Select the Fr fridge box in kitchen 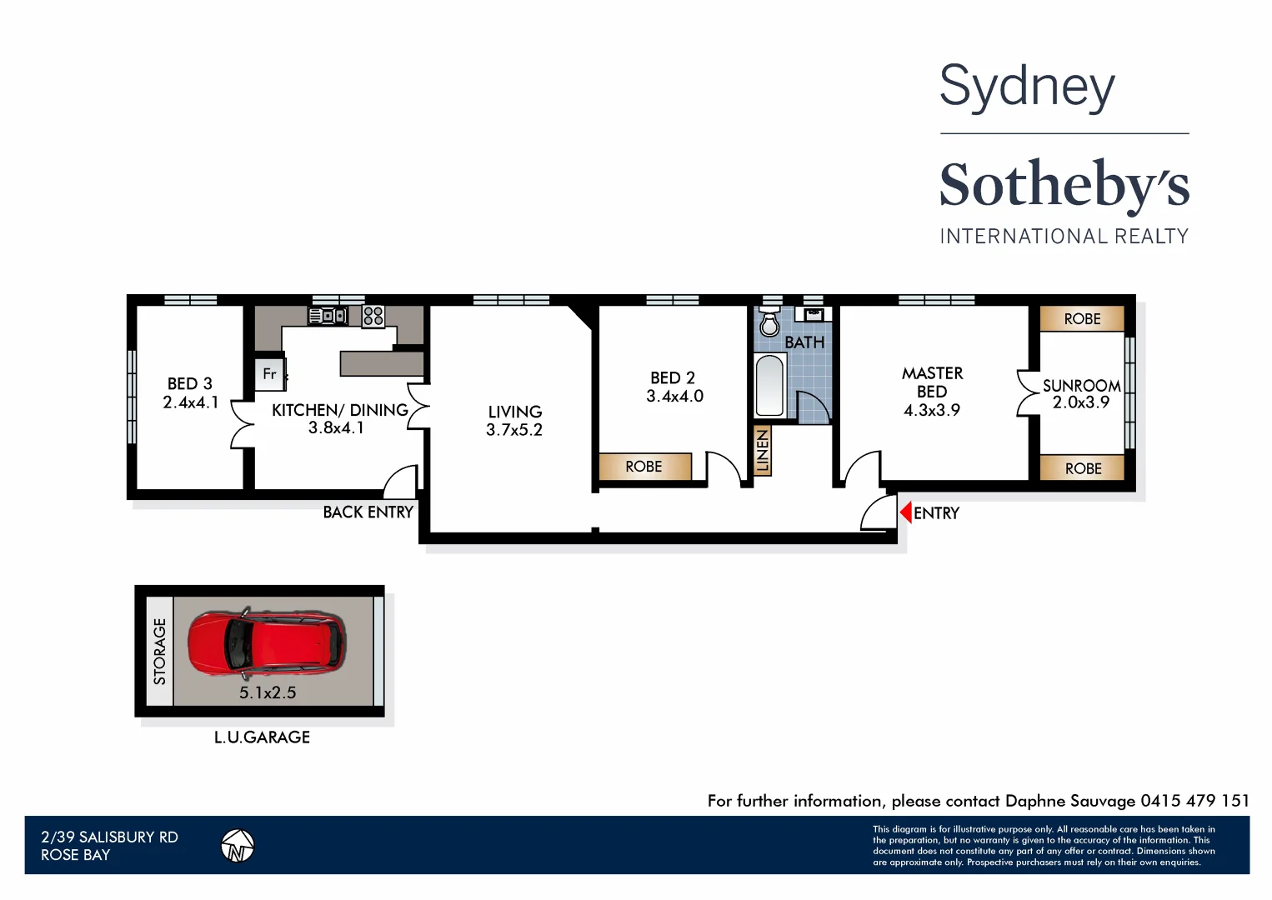coord(269,374)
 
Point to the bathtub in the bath coord(769,385)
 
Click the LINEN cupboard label coord(762,451)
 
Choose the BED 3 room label coord(190,384)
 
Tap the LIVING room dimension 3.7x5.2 coord(514,430)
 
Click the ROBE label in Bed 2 coord(644,467)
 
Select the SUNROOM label coord(1081,386)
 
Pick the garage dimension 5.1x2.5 coord(268,692)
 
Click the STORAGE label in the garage coord(159,652)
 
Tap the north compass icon coord(238,846)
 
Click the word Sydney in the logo coord(1027,87)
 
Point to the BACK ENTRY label coord(368,512)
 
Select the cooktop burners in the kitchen coord(373,316)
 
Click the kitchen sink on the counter coord(328,316)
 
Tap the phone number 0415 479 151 coord(1194,801)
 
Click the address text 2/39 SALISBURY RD coord(109,837)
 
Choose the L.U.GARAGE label coord(262,737)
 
